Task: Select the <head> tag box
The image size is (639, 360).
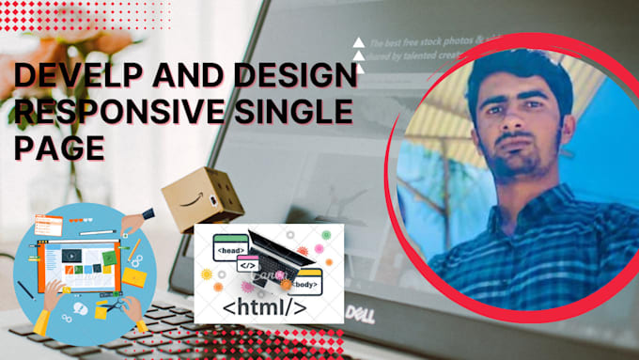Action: click(x=232, y=251)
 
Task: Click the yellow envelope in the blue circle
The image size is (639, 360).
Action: click(x=135, y=277)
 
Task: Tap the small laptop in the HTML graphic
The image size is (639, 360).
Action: click(x=277, y=254)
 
